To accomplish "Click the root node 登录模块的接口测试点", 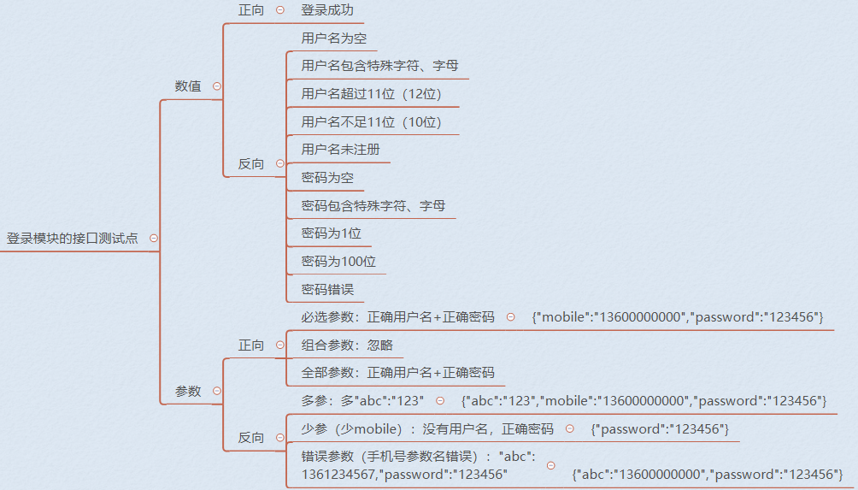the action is pos(73,238).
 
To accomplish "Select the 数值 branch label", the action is pos(188,86).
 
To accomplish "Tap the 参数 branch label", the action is pos(188,391).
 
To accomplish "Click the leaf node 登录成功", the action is pos(327,10).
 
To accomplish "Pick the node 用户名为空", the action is pos(334,38).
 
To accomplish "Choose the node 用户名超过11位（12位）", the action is pos(371,93).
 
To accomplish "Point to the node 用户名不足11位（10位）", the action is pos(371,121).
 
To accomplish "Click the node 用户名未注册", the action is pos(340,150).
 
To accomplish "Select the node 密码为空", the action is pos(327,177).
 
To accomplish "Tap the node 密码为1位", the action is pos(331,233).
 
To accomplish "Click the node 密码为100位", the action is pos(338,261).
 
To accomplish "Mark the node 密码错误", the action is pos(327,289).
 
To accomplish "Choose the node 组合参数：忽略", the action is pos(347,345).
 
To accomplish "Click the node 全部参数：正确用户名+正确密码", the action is pos(398,373).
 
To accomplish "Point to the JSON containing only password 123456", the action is pos(660,429).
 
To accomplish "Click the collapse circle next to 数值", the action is pos(217,86).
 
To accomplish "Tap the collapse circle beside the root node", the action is pos(154,238).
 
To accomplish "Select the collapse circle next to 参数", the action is pos(217,391).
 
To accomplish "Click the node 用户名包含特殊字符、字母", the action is pos(379,66).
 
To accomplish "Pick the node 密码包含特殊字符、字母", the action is pos(373,205).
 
